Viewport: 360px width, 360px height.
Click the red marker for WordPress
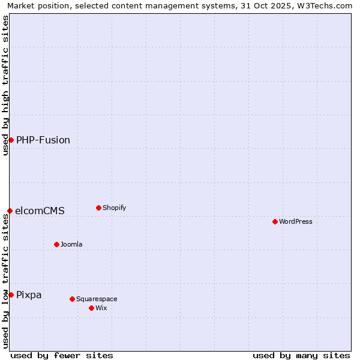pos(275,222)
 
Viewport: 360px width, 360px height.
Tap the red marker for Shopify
pos(99,208)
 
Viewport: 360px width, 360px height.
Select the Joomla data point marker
pos(57,245)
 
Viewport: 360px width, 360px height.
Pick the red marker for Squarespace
pos(73,299)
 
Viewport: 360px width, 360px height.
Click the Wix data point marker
pos(92,308)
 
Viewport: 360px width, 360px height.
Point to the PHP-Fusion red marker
pos(11,140)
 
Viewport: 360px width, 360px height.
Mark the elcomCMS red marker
pos(10,211)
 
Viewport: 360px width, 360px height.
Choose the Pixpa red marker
pos(11,295)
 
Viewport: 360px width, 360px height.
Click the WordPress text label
pos(296,222)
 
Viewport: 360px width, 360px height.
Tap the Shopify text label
pos(115,208)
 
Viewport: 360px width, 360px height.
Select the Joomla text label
pos(71,245)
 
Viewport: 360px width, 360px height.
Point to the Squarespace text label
pos(97,299)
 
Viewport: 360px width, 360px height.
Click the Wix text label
pos(101,308)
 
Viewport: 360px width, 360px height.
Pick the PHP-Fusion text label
pos(43,140)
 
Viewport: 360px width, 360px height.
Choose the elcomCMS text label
pos(40,211)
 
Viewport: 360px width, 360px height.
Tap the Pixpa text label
pos(29,295)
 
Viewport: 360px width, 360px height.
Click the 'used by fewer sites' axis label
pos(62,355)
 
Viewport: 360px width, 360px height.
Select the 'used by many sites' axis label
pos(301,355)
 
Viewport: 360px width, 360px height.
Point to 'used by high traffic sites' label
pos(6,86)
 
